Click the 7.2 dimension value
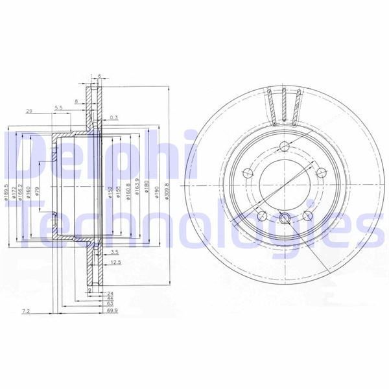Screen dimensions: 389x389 26,312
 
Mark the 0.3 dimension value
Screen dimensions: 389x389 114,117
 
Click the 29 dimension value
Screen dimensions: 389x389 30,111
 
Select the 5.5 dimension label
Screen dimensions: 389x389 58,107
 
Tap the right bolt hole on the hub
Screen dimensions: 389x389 320,172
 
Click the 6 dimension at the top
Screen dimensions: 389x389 99,76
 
